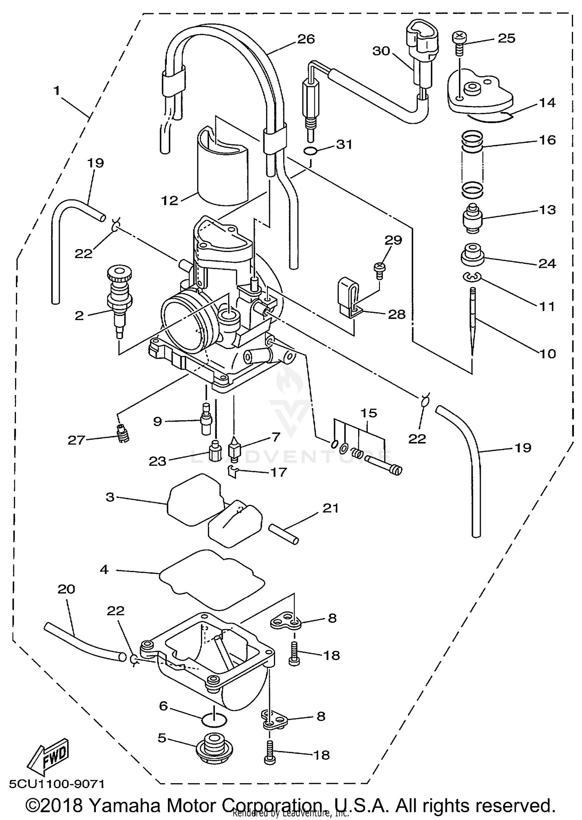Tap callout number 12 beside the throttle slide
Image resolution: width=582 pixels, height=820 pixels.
tap(170, 200)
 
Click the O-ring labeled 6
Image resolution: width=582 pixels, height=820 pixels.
tap(214, 720)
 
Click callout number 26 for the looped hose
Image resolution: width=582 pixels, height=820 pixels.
tap(306, 39)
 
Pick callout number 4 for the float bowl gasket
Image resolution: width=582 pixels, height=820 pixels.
tap(104, 570)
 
